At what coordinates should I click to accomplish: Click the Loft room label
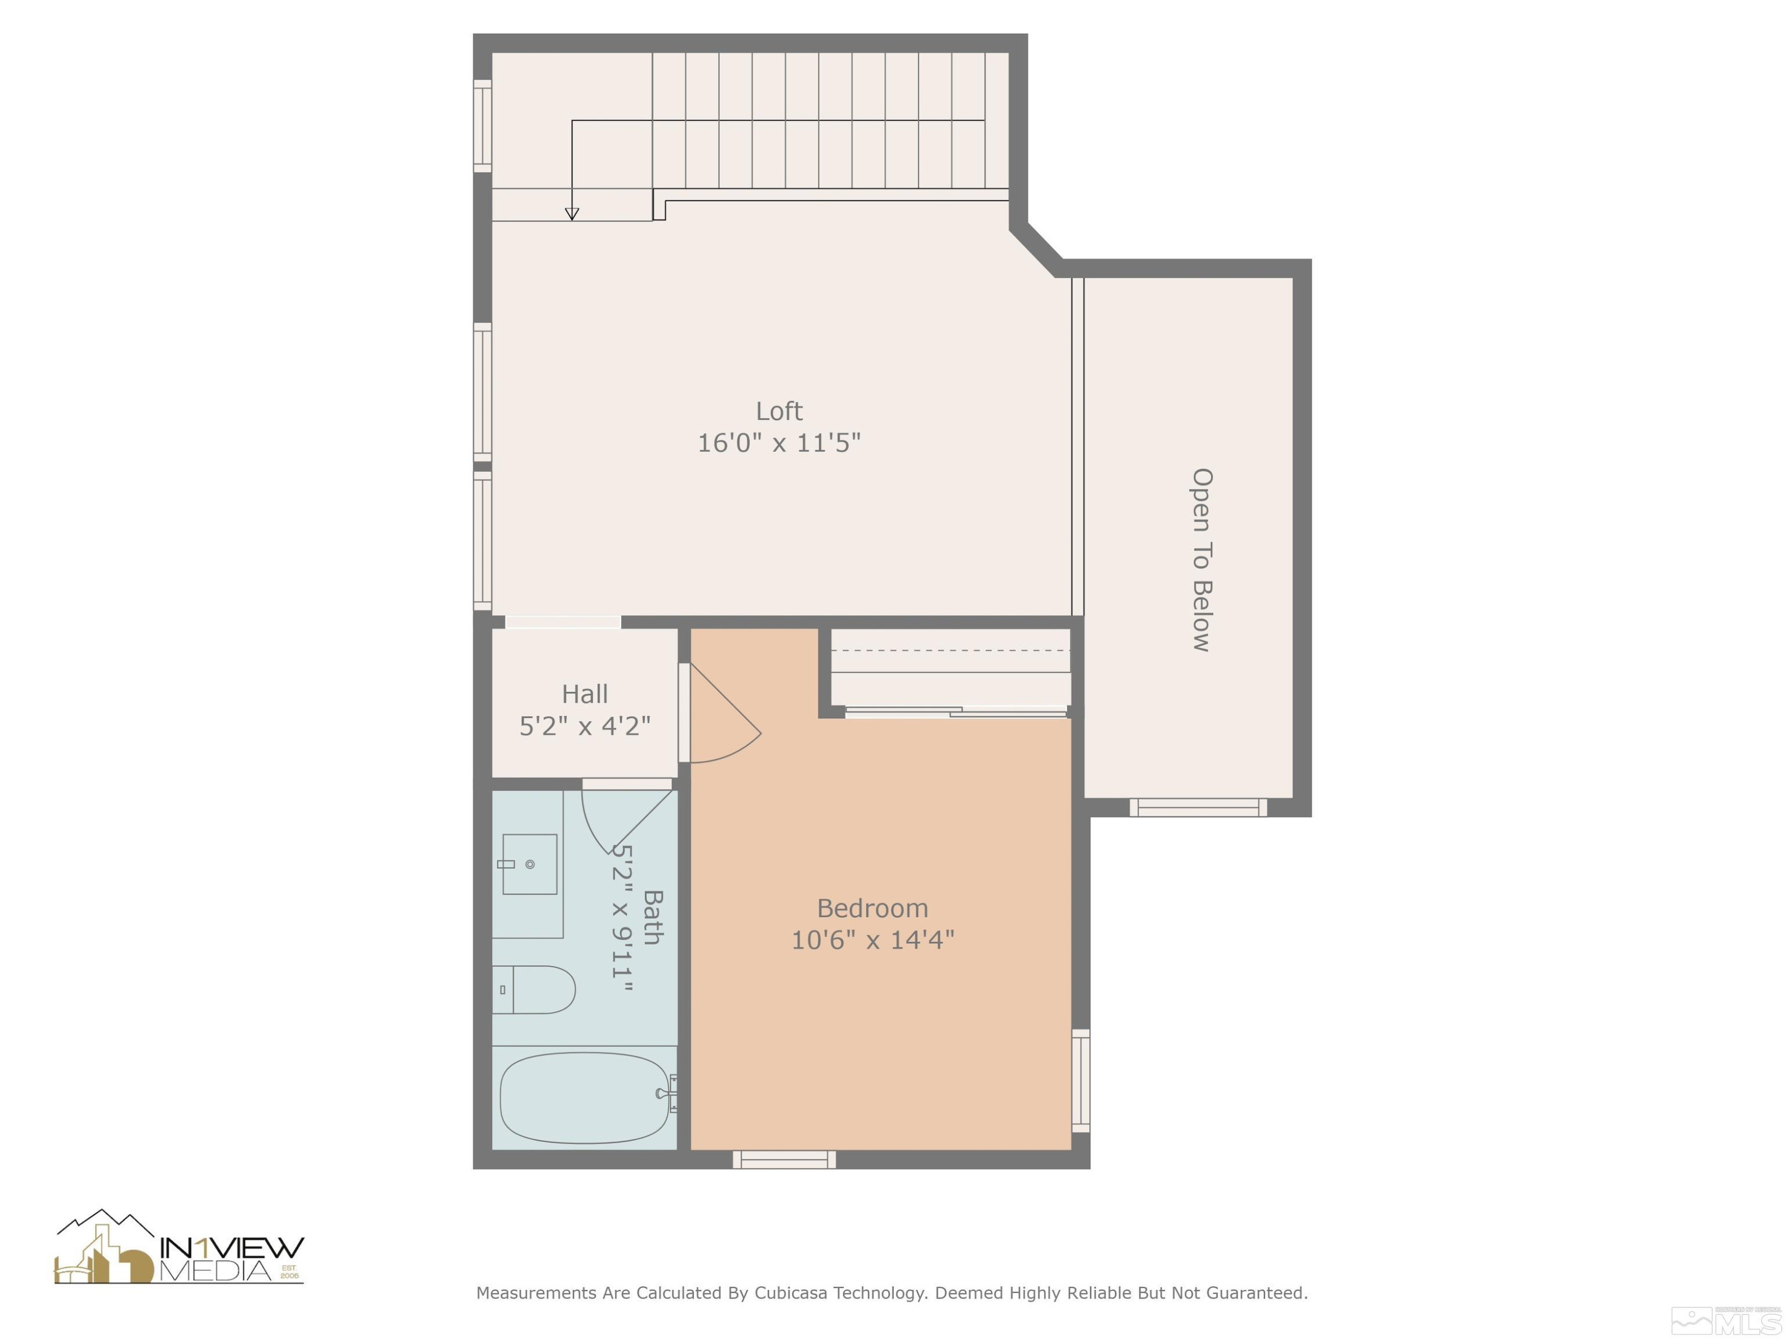point(779,411)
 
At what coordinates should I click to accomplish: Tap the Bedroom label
point(872,908)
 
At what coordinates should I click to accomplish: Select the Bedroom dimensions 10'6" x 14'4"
point(872,940)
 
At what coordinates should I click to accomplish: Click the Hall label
point(584,694)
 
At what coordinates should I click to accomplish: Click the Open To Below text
point(1201,559)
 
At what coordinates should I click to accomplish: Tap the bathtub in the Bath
point(584,1097)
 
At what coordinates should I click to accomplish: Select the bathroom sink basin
point(530,865)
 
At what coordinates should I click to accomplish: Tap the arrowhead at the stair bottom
point(571,214)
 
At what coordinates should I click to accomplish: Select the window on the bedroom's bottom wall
point(784,1160)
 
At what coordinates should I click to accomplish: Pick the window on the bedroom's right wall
point(1081,1081)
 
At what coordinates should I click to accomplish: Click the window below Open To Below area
point(1198,807)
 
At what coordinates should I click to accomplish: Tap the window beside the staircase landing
point(482,126)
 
